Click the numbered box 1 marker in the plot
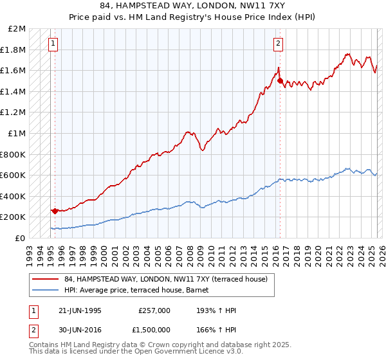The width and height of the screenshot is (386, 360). click(x=52, y=44)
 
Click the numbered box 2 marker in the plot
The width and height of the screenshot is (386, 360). click(x=278, y=44)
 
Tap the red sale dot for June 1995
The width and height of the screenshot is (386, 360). click(x=55, y=211)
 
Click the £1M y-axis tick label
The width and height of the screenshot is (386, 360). click(x=17, y=134)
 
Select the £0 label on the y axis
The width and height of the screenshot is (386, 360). click(x=21, y=238)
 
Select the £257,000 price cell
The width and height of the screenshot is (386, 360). click(x=154, y=310)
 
